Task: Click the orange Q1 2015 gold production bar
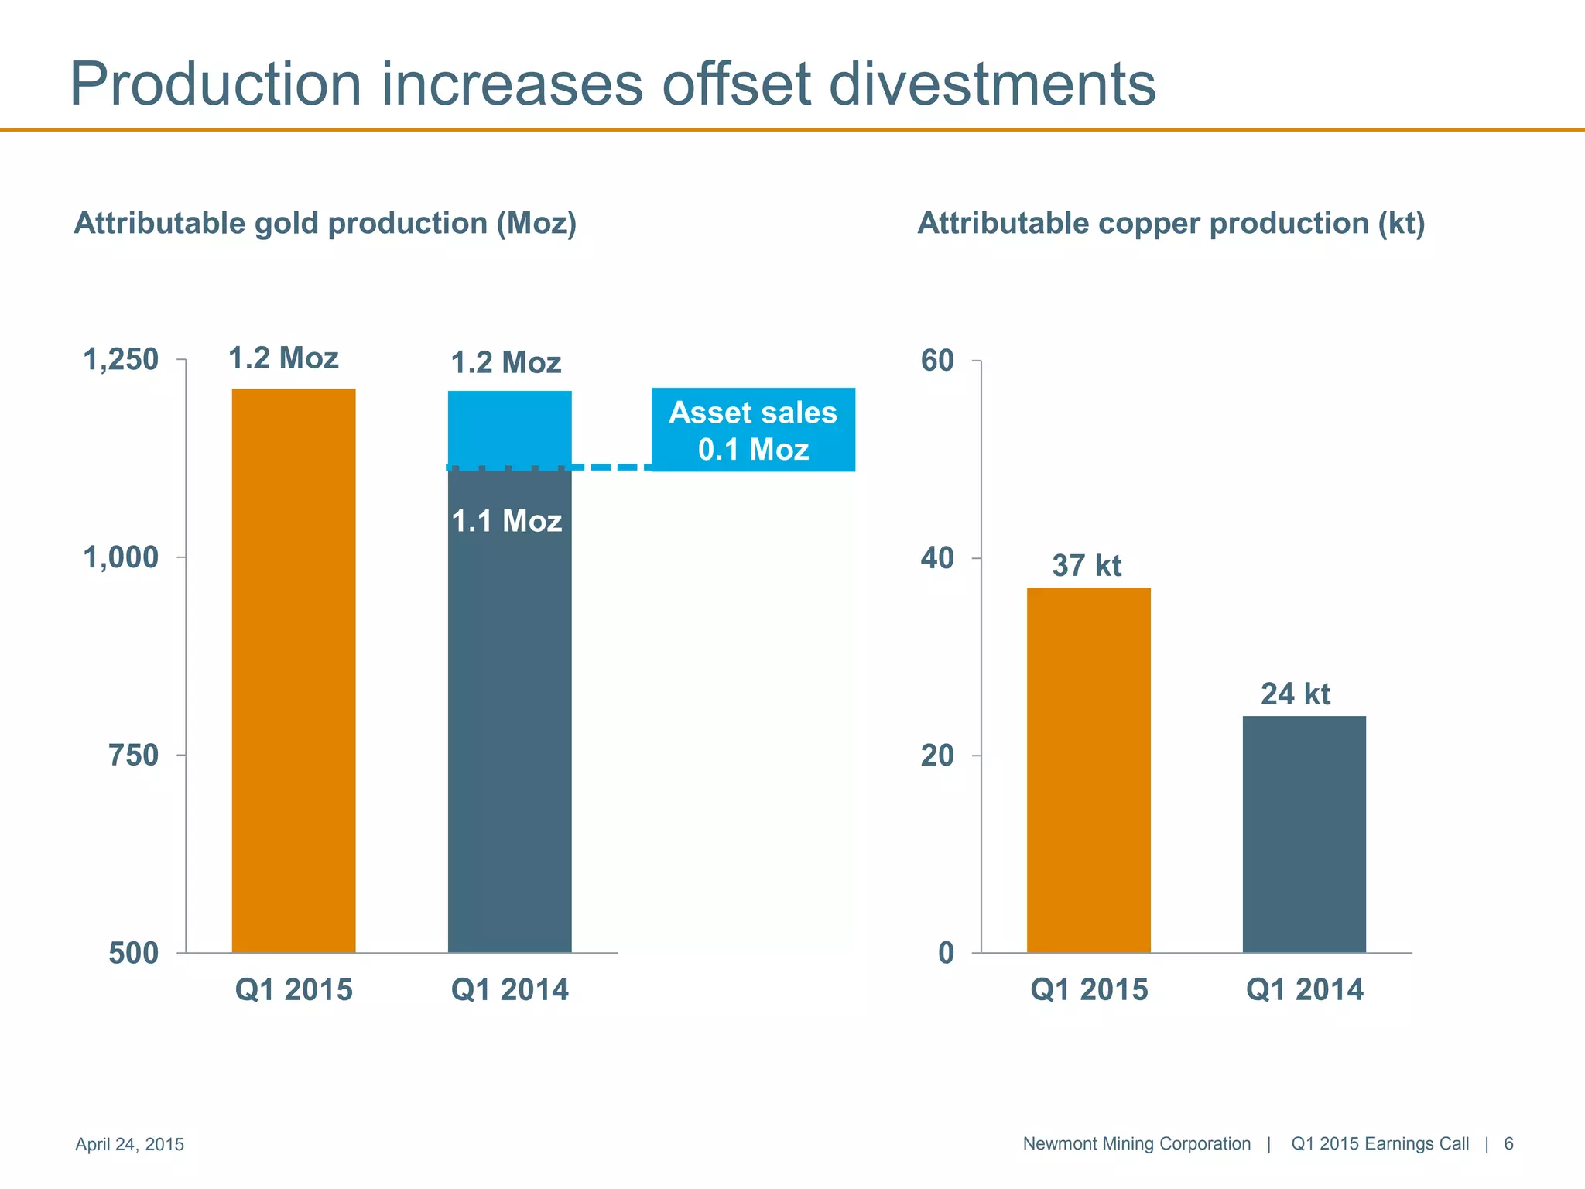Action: coord(293,670)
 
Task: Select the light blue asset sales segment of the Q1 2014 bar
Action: coord(509,428)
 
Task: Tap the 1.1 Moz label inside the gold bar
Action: coord(507,521)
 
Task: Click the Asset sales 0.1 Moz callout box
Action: coord(753,430)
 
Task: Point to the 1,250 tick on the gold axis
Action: coord(121,360)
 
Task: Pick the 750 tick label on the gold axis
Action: coord(133,755)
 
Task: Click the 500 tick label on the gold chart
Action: coord(133,953)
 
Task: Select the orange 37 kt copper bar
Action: coord(1088,769)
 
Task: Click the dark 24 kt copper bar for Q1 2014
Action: coord(1304,834)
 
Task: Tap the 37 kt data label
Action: coord(1087,566)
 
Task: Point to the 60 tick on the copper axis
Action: coord(937,361)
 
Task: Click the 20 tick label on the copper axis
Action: coord(937,756)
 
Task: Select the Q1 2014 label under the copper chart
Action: coord(1304,990)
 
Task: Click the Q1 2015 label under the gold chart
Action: coord(293,990)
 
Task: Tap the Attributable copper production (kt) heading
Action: coord(1171,224)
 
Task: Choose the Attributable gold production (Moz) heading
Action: coord(325,224)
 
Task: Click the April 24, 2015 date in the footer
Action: coord(129,1144)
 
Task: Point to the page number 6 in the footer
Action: coord(1508,1143)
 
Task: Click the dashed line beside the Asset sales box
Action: coord(611,468)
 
